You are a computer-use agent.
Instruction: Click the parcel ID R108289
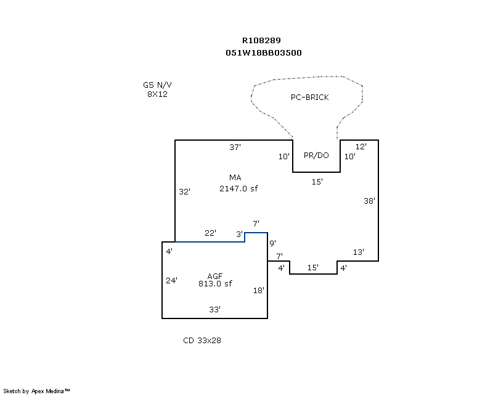click(x=261, y=40)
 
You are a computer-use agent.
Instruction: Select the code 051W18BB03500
click(x=264, y=52)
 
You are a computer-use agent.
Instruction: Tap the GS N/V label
click(x=157, y=85)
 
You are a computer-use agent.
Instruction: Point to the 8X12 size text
click(x=157, y=94)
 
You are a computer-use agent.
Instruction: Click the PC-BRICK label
click(x=310, y=98)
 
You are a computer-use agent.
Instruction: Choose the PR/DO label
click(x=316, y=156)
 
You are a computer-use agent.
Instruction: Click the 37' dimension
click(x=235, y=147)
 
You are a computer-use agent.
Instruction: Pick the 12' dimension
click(x=361, y=146)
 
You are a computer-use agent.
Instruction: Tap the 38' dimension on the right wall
click(x=369, y=201)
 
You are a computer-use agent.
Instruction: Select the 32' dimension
click(x=184, y=191)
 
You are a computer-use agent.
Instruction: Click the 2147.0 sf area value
click(x=238, y=188)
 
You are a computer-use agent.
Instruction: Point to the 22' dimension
click(x=210, y=233)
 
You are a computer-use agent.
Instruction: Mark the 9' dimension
click(x=272, y=243)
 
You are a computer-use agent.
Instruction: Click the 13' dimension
click(x=359, y=252)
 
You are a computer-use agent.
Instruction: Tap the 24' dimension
click(x=172, y=280)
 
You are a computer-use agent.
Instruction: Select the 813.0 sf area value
click(x=215, y=283)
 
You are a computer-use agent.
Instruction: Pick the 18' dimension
click(x=259, y=291)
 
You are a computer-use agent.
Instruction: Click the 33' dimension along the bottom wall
click(x=214, y=309)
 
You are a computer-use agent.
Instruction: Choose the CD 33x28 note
click(x=202, y=341)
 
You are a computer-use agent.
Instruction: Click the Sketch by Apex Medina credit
click(x=36, y=391)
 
